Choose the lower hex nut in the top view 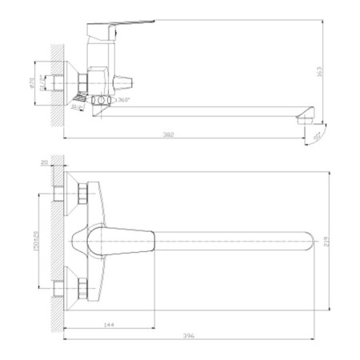pos(82,286)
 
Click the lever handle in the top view pos(120,239)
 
